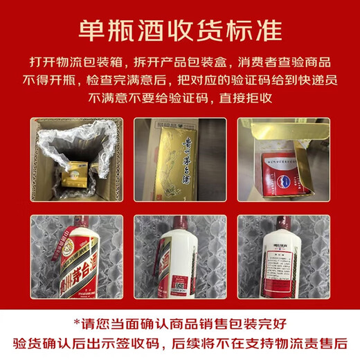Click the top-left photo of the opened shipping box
tap(74, 158)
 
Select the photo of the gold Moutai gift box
tap(179, 158)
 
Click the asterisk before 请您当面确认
tap(78, 322)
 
